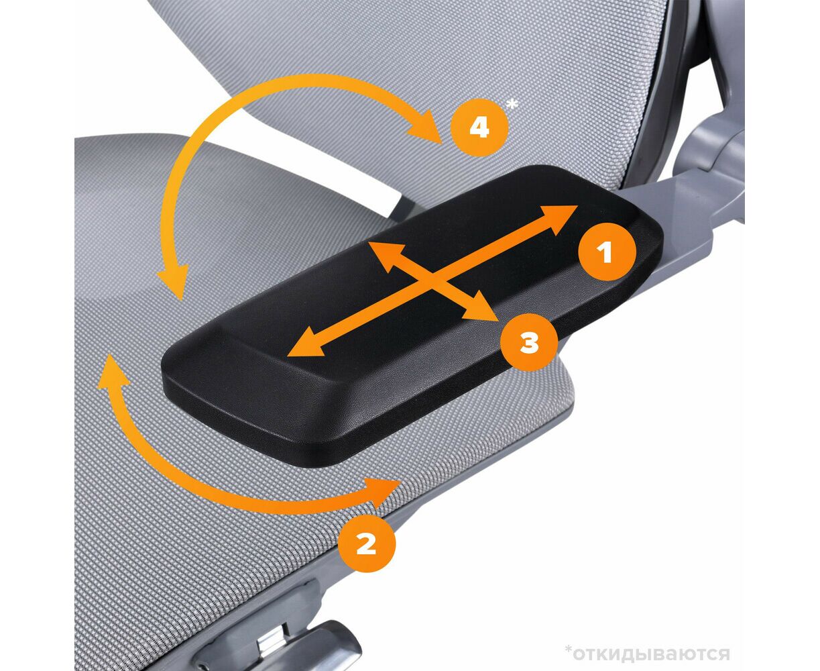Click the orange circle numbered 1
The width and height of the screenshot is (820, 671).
(x=607, y=252)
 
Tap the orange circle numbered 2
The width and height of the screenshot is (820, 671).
(x=366, y=544)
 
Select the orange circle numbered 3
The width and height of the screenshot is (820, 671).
(x=529, y=342)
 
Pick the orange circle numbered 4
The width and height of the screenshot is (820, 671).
(x=479, y=127)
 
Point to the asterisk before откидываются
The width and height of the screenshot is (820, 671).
(x=569, y=639)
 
